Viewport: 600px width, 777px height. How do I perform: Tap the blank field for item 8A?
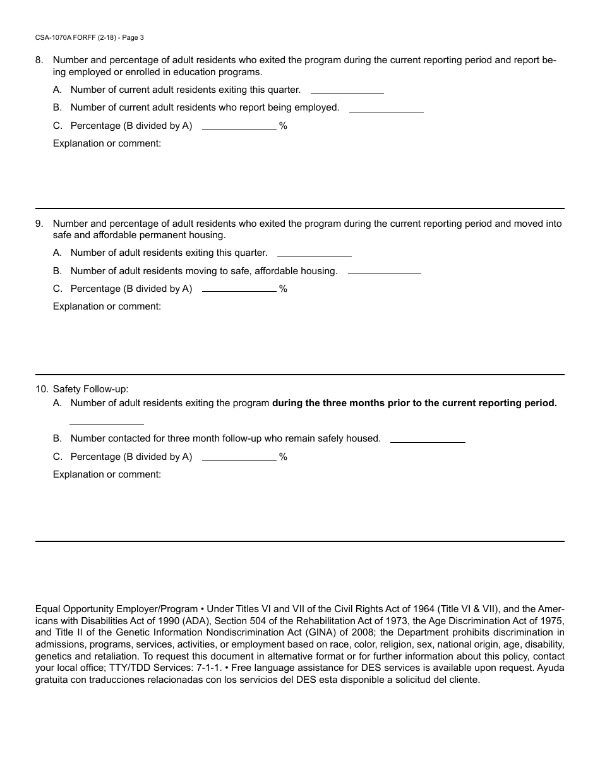coord(347,88)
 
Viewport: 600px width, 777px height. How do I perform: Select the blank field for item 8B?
coord(386,107)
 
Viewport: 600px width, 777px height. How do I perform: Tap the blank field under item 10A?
coord(106,419)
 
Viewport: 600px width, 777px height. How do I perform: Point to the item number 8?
coord(39,61)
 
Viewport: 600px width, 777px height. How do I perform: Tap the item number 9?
coord(39,224)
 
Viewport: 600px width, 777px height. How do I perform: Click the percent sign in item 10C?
coord(283,457)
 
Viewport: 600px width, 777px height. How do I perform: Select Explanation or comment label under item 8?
coord(107,143)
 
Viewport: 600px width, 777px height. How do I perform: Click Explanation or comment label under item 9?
coord(107,306)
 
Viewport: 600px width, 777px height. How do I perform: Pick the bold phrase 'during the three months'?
coord(326,403)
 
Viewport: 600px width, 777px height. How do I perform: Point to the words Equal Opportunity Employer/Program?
coord(116,609)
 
